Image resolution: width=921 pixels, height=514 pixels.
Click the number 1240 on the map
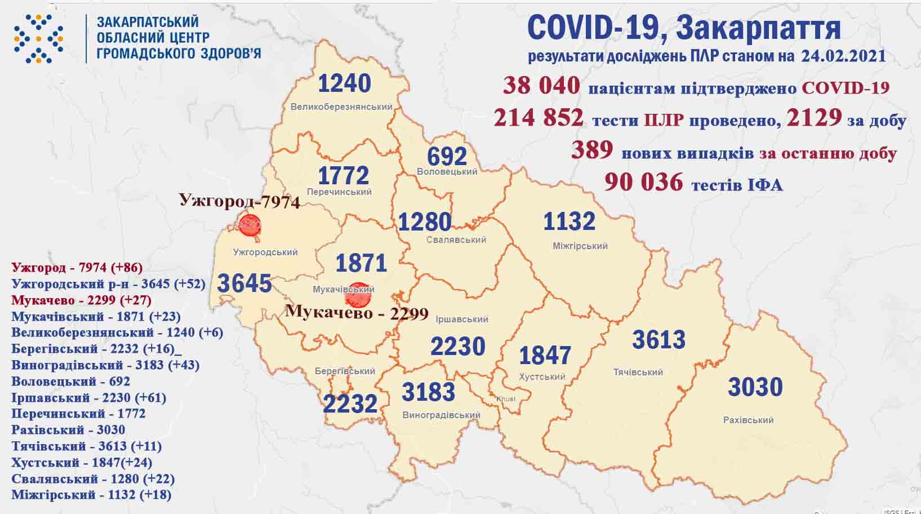pyautogui.click(x=345, y=83)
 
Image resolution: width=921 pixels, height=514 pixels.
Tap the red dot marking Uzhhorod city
pyautogui.click(x=250, y=224)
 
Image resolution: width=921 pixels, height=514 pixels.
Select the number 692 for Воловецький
pyautogui.click(x=447, y=156)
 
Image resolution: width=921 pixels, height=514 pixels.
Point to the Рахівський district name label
pyautogui.click(x=748, y=420)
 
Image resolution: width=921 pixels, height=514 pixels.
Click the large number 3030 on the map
pyautogui.click(x=755, y=387)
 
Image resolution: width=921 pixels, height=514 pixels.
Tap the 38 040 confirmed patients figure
pyautogui.click(x=541, y=86)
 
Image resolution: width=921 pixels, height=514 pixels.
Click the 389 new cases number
pyautogui.click(x=591, y=150)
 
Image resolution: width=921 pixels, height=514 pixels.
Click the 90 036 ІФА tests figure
pyautogui.click(x=643, y=182)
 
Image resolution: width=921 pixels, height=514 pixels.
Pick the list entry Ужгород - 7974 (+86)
pyautogui.click(x=77, y=267)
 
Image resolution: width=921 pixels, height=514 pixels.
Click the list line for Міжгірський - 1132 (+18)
pyautogui.click(x=91, y=495)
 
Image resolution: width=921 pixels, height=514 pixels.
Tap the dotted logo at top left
pyautogui.click(x=38, y=38)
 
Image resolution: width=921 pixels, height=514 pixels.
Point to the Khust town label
pyautogui.click(x=505, y=399)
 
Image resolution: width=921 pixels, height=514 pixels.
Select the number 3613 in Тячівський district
pyautogui.click(x=659, y=340)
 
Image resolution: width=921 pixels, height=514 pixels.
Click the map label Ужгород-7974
pyautogui.click(x=239, y=201)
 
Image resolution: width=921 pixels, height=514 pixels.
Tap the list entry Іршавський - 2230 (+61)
pyautogui.click(x=89, y=397)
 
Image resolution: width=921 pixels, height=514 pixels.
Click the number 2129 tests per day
pyautogui.click(x=814, y=118)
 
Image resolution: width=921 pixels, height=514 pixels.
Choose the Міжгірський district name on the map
pyautogui.click(x=580, y=246)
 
